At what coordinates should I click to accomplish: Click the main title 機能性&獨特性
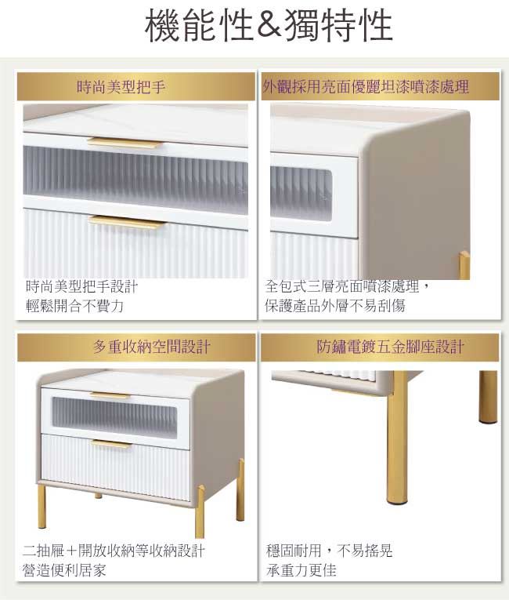coord(269,25)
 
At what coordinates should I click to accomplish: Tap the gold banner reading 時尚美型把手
coord(136,87)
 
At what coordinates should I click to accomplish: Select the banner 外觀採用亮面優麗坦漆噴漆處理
coord(381,87)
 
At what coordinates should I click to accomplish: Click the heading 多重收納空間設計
coord(136,347)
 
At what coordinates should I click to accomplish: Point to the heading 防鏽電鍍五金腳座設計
coord(381,347)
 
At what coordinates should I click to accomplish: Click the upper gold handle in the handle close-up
coord(125,143)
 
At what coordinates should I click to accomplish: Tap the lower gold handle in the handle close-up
coord(127,222)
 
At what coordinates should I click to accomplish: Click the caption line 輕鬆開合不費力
coord(75,306)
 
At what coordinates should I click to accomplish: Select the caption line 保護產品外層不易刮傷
coord(334,305)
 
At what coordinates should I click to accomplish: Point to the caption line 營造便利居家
coord(64,569)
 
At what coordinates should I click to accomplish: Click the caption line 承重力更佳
coord(301,569)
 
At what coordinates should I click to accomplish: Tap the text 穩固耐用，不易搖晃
coord(329,551)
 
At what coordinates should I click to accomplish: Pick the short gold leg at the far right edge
coord(488,397)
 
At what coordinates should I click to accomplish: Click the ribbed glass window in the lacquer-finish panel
coord(301,194)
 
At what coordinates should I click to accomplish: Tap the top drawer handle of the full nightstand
coord(110,395)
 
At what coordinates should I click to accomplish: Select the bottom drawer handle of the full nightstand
coord(111,444)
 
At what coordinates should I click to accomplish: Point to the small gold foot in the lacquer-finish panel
coord(464,265)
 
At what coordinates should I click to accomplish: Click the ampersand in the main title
coord(269,26)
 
